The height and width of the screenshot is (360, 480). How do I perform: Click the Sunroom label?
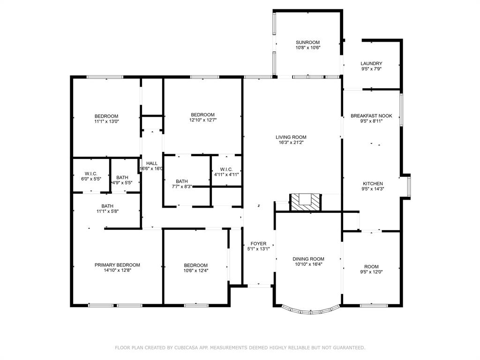coord(307,42)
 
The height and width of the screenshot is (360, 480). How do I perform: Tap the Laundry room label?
coord(371,64)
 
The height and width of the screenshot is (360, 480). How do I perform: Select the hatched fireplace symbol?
coord(305,202)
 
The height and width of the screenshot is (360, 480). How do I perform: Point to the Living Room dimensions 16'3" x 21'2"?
coord(291,143)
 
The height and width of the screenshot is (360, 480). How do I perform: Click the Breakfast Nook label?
coord(371,116)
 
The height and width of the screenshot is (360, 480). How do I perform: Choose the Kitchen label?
coord(373,184)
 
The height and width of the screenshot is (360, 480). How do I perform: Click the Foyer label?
coord(258,244)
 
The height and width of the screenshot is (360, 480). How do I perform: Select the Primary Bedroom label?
coord(117,265)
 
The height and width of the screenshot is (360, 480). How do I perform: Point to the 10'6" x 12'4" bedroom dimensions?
coord(195,270)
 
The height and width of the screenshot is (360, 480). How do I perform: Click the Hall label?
coord(151,164)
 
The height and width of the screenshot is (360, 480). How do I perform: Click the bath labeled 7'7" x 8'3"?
coord(182,181)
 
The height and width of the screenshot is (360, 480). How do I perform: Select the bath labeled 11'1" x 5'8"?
coord(107,206)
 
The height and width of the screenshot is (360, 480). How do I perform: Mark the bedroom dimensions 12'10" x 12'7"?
coord(202,120)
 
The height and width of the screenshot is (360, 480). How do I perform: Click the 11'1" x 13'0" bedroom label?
coord(106,116)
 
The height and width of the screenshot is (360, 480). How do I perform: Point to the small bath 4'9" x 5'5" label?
coord(122,177)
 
